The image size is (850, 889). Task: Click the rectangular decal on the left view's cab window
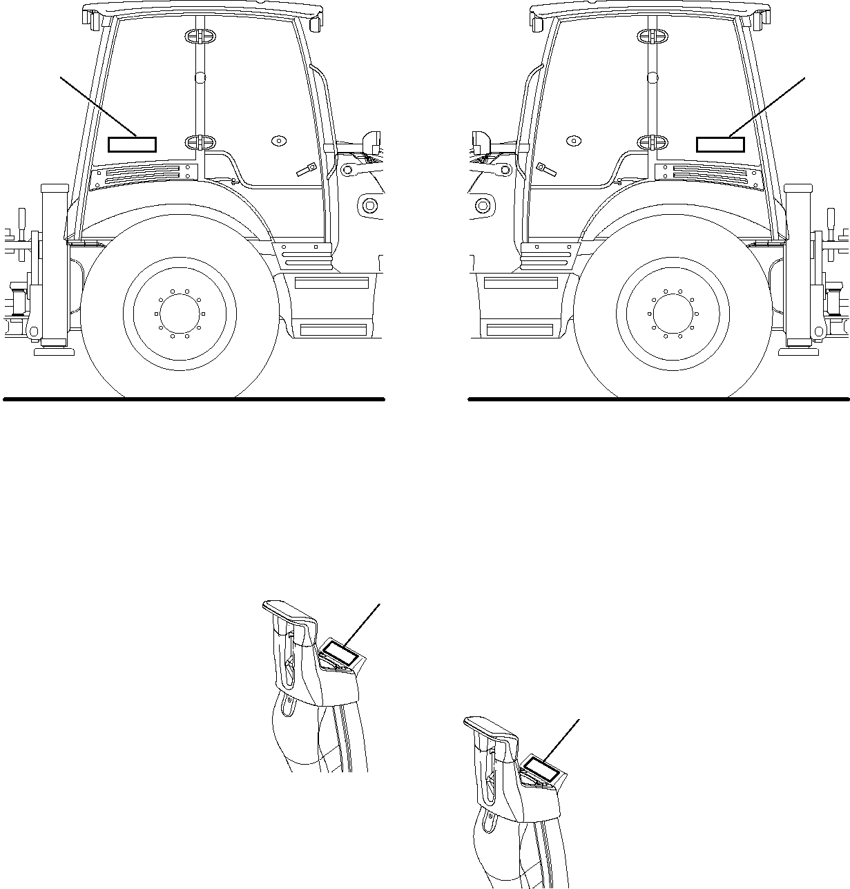tap(133, 144)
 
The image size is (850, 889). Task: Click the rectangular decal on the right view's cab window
tap(720, 144)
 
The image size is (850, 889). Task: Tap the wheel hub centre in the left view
tap(180, 313)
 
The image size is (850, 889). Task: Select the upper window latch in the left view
tap(196, 37)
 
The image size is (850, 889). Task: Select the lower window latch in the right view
tap(653, 142)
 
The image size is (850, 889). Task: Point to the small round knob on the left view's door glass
tap(278, 140)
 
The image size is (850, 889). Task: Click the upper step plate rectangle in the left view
tap(332, 283)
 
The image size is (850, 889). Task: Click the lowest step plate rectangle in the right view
tap(520, 329)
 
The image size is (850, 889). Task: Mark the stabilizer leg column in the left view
tap(55, 266)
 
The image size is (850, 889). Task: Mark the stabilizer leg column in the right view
tap(797, 266)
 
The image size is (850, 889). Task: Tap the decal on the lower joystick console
tap(540, 769)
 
